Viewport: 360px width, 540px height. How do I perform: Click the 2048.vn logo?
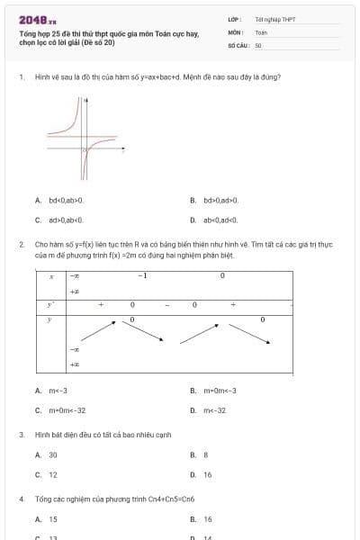(x=37, y=19)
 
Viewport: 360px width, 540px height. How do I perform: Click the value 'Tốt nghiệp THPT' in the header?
(x=274, y=19)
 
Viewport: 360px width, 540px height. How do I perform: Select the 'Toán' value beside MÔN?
(x=261, y=31)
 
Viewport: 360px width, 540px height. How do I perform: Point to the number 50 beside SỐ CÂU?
(x=258, y=44)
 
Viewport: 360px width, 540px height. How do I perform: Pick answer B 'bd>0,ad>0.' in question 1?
(x=220, y=200)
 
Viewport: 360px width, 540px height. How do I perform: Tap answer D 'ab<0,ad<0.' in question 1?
(x=220, y=219)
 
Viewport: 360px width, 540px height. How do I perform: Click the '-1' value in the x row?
(x=142, y=275)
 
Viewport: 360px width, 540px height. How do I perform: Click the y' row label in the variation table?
(x=51, y=305)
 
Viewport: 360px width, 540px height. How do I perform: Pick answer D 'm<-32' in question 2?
(x=214, y=409)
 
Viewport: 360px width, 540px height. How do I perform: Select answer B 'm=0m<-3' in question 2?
(x=220, y=391)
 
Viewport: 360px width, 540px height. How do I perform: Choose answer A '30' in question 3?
(x=53, y=454)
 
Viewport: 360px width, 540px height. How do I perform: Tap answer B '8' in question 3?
(x=206, y=454)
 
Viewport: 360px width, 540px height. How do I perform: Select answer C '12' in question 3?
(x=53, y=474)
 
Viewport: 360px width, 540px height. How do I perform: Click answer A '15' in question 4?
(x=53, y=519)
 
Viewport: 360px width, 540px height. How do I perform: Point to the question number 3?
(x=22, y=435)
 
